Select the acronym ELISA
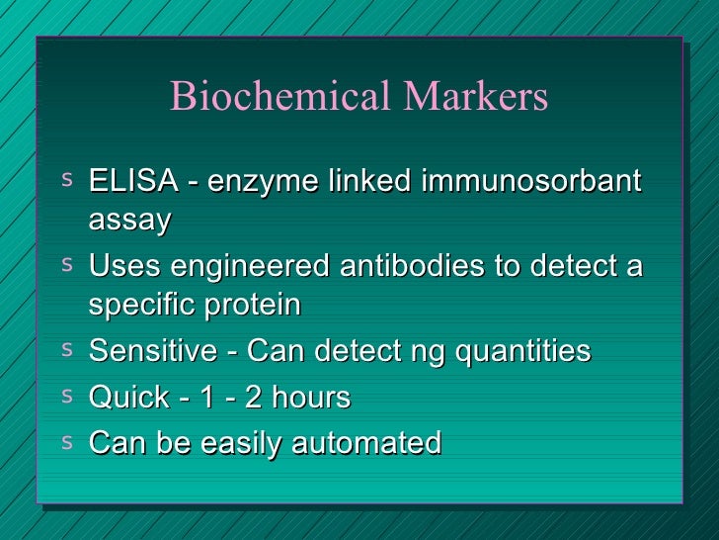click(x=131, y=182)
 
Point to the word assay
click(x=129, y=222)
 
